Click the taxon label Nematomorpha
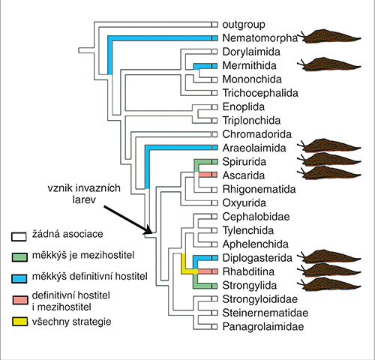click(x=260, y=38)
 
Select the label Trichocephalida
click(x=260, y=93)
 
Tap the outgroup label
click(x=244, y=25)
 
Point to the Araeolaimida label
click(x=254, y=148)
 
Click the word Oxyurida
click(x=244, y=203)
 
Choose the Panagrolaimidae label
click(x=263, y=326)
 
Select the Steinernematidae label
click(x=265, y=313)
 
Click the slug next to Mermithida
click(x=329, y=64)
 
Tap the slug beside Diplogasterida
click(x=329, y=256)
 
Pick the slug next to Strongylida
click(x=329, y=284)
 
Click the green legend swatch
click(x=19, y=257)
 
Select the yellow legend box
click(x=19, y=322)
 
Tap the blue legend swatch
click(x=19, y=279)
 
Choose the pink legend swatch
click(x=20, y=300)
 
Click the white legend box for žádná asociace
click(x=19, y=237)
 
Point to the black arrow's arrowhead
click(x=148, y=229)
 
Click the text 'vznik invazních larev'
click(x=84, y=193)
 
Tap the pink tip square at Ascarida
click(x=214, y=174)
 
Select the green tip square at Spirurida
click(x=214, y=162)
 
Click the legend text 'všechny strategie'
click(x=71, y=322)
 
